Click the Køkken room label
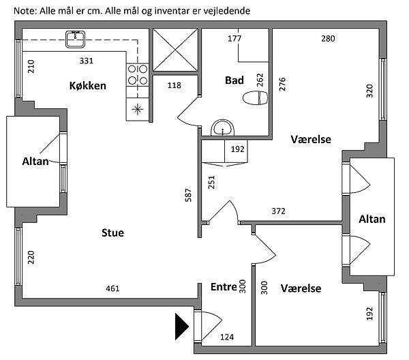point(87,85)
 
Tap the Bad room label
point(234,80)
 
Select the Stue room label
point(112,233)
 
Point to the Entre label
point(223,288)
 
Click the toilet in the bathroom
point(256,99)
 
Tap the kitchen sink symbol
point(74,40)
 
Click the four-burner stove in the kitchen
point(138,74)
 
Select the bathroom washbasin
point(223,127)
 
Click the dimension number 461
point(112,289)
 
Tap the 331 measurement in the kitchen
point(86,61)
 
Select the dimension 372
point(278,211)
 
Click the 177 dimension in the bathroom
point(234,38)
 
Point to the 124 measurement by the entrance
point(226,337)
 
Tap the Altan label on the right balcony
point(372,219)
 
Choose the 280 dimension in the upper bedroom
point(328,38)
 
